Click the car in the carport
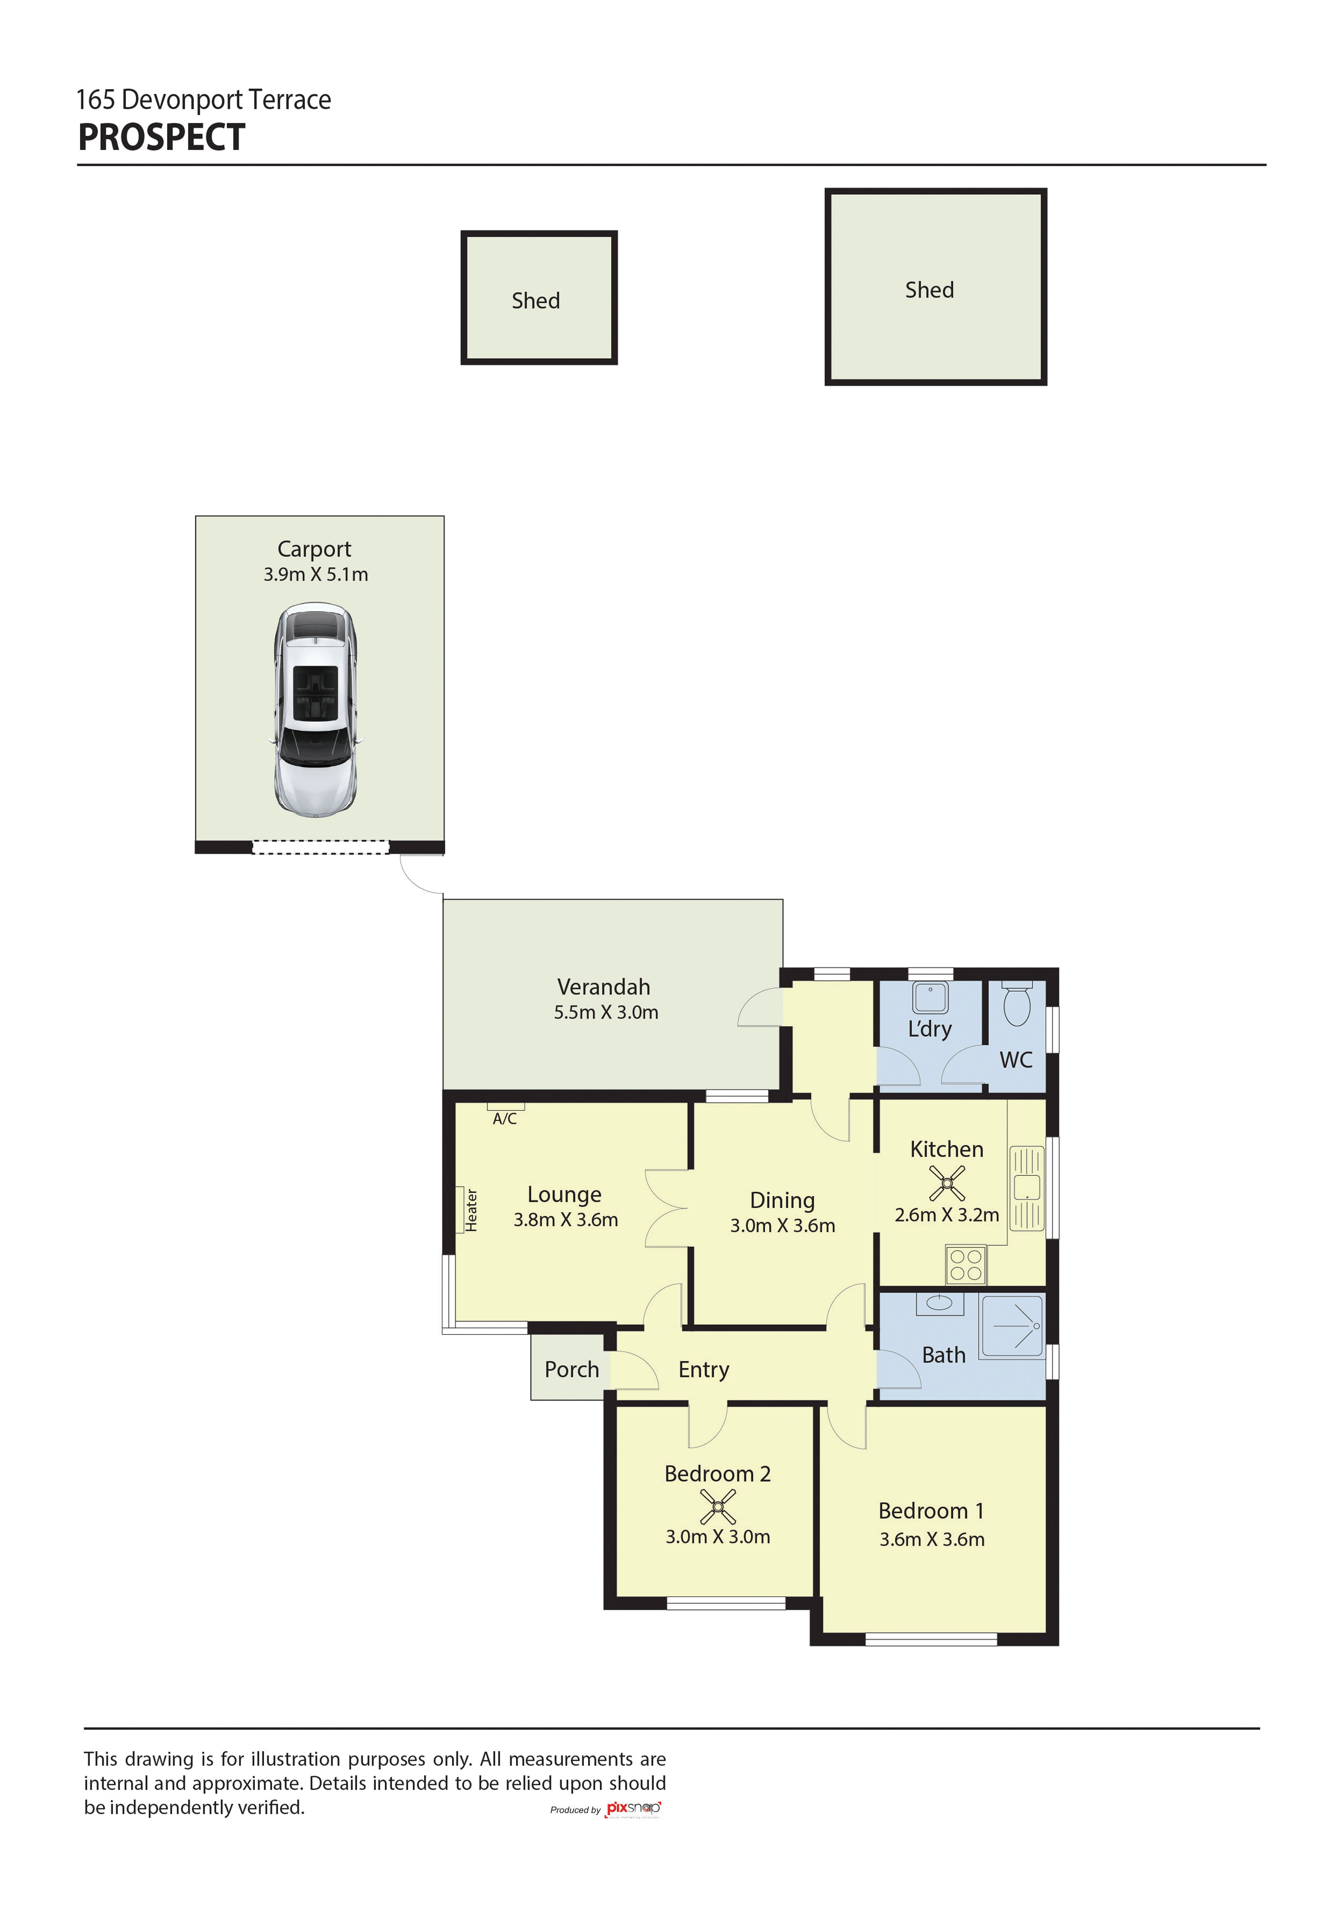pos(316,709)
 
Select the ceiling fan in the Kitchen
pos(947,1183)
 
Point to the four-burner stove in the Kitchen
pos(965,1264)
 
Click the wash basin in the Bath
pos(940,1303)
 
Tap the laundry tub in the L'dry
pos(930,997)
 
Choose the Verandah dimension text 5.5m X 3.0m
pos(606,1012)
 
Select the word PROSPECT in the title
pos(162,138)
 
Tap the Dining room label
pos(782,1200)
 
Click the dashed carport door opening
pos(320,847)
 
